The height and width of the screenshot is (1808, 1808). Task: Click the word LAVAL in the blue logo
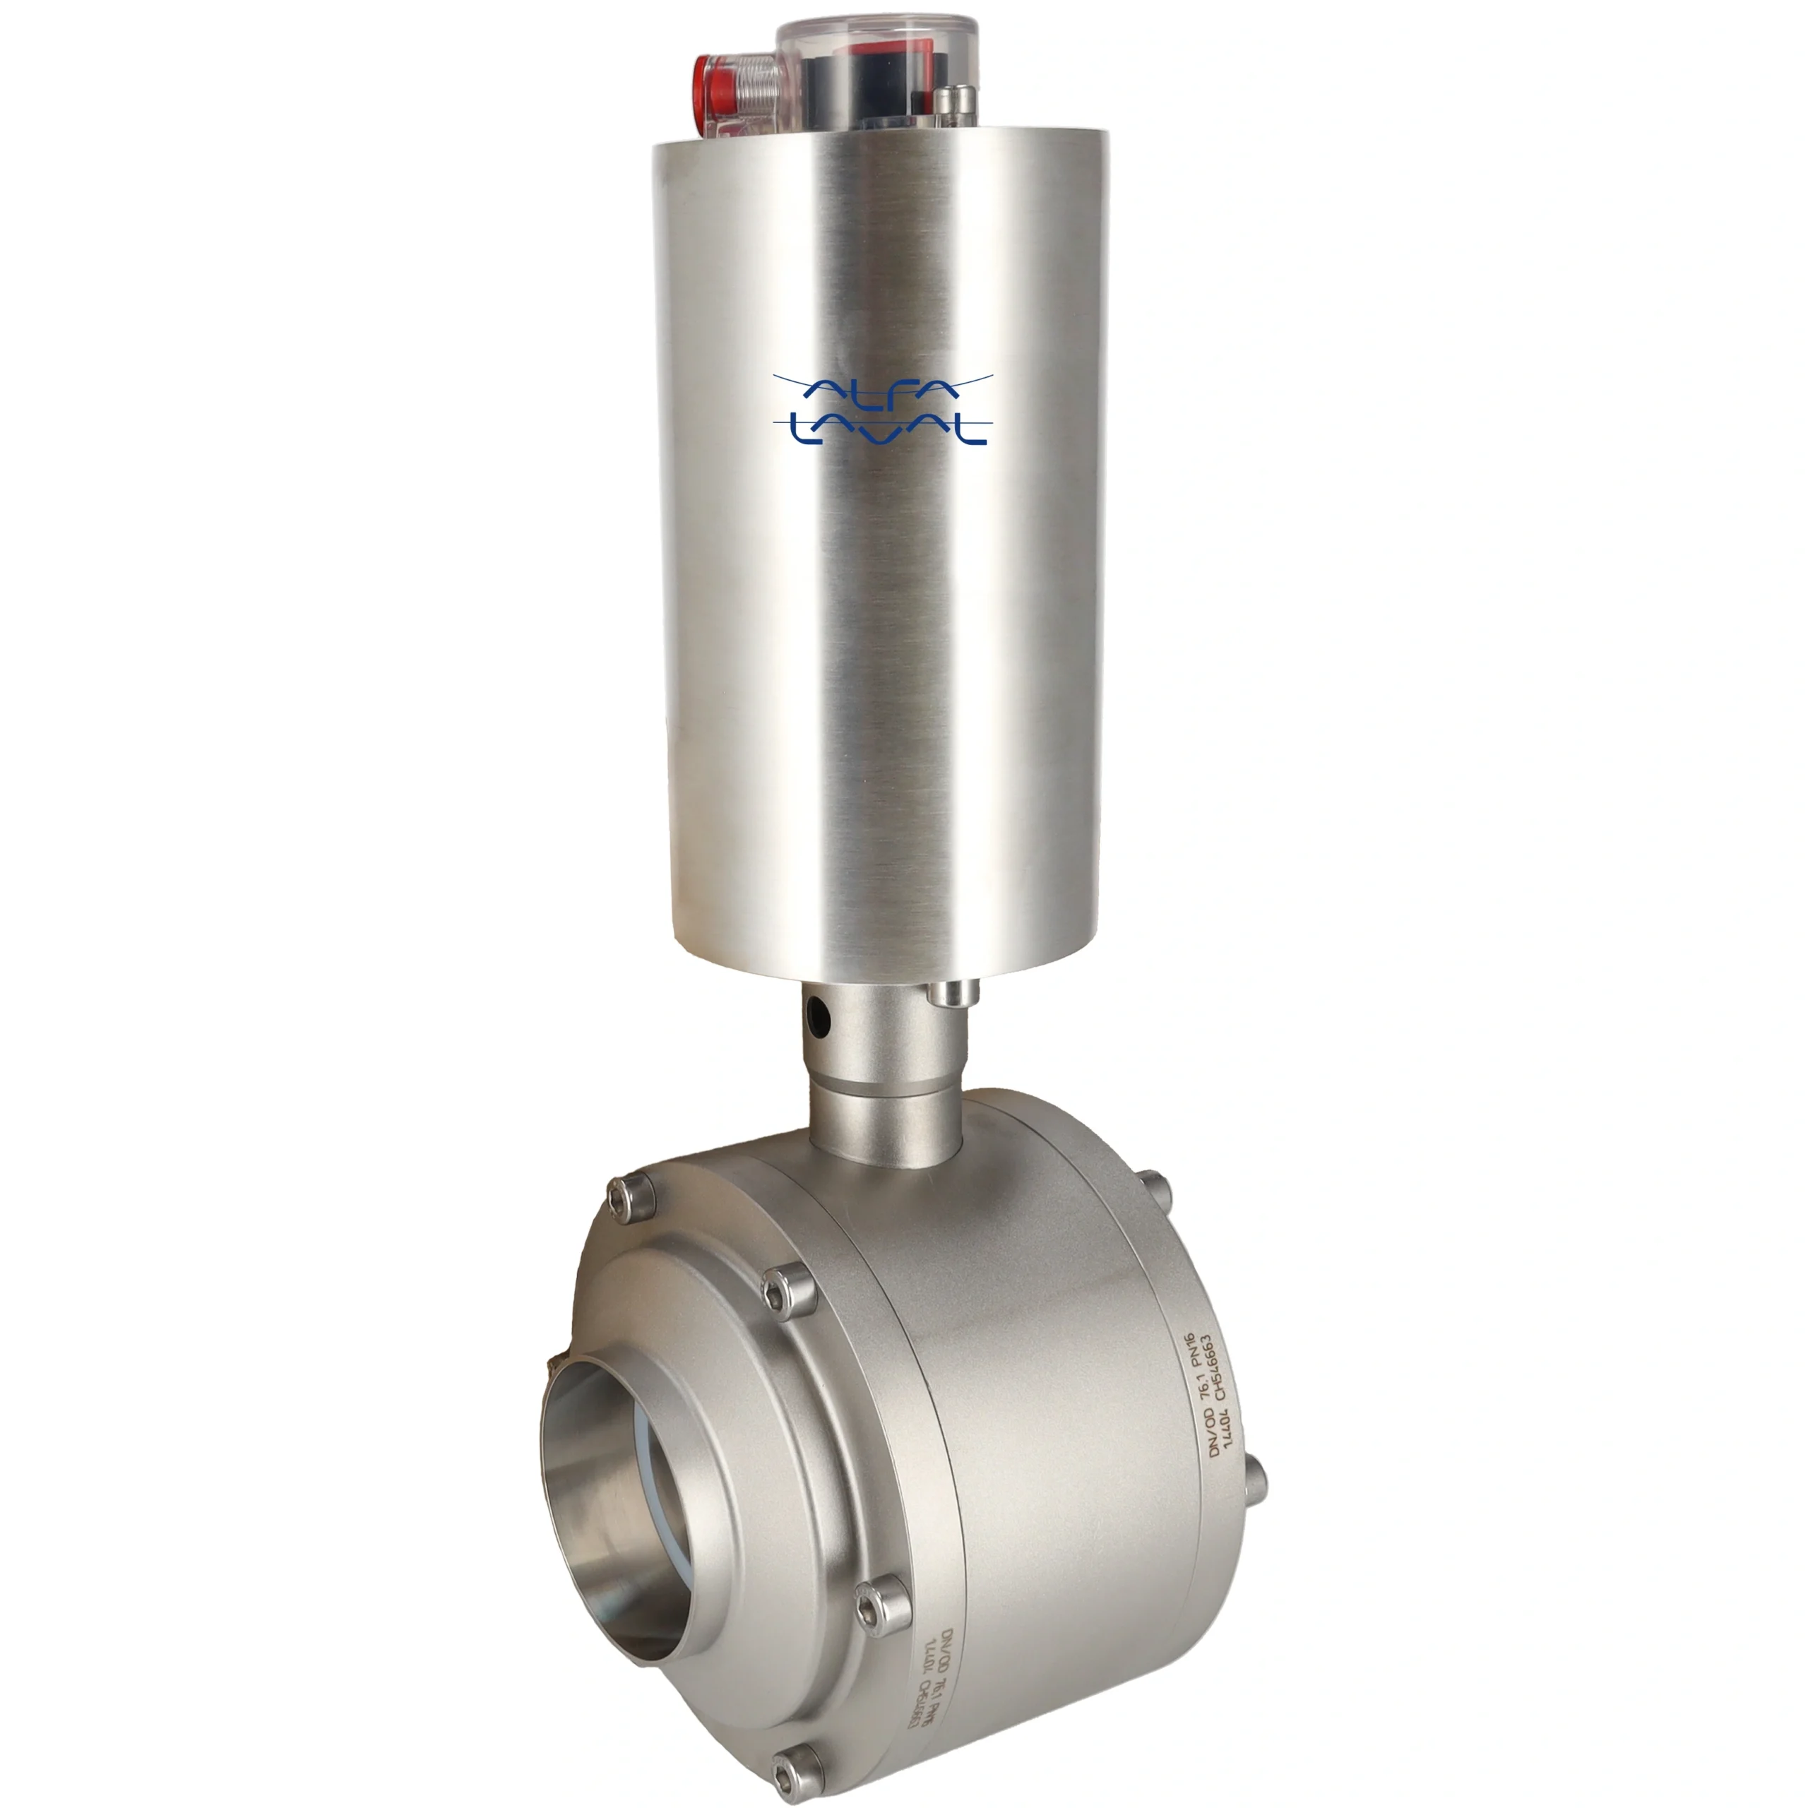coord(881,429)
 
